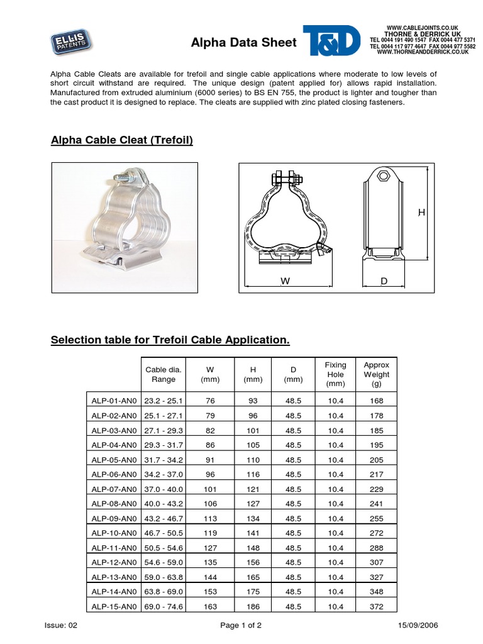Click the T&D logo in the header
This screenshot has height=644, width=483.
coord(331,42)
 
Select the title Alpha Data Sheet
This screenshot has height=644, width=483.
coord(243,43)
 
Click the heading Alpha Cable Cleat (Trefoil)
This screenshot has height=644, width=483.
coord(121,140)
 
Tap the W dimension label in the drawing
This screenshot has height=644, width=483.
coord(285,282)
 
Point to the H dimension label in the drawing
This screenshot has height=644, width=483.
coord(422,213)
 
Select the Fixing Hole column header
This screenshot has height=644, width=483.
coord(335,374)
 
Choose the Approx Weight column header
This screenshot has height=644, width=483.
coord(376,374)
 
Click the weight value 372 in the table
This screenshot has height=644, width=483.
coord(376,607)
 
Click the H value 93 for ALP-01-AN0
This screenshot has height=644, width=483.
coord(252,401)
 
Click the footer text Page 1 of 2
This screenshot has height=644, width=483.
coord(241,626)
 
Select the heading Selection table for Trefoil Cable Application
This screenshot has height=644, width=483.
coord(170,340)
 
